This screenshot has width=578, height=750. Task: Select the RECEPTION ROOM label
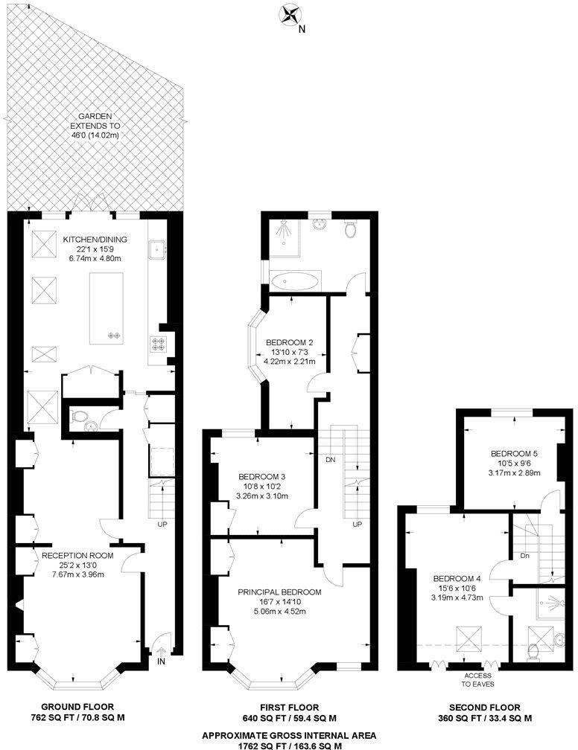[x=77, y=555]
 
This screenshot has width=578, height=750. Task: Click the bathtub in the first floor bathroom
[x=296, y=281]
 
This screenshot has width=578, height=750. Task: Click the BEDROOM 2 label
[x=290, y=342]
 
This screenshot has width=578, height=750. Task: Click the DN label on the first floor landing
[x=329, y=460]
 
